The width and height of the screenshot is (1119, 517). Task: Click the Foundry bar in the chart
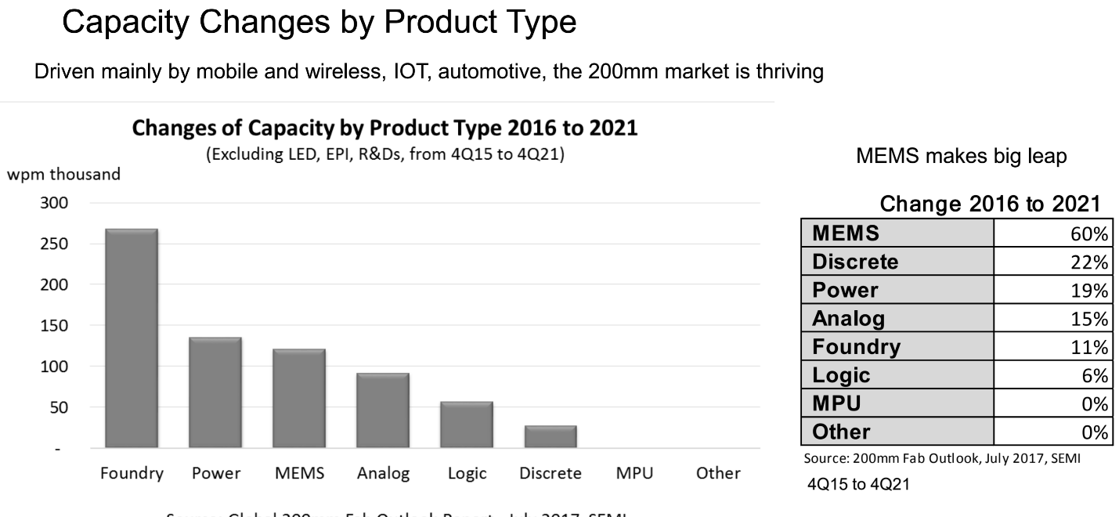coord(132,338)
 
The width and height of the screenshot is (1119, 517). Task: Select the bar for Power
coord(215,392)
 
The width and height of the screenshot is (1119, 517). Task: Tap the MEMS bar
coord(299,398)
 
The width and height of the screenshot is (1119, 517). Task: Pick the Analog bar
coord(383,410)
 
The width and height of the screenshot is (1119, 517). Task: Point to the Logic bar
coord(467,425)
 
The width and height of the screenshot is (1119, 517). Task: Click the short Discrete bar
coord(550,437)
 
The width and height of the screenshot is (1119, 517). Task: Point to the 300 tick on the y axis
coord(59,203)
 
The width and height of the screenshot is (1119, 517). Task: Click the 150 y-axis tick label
coord(59,325)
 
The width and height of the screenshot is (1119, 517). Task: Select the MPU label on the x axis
coord(634,473)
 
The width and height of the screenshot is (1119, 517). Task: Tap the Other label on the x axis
coord(718,473)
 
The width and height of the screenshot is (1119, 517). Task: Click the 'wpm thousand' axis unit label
coord(64,175)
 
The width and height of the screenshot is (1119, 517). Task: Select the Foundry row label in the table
coord(857,346)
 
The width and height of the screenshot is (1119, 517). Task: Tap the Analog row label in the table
coord(849,318)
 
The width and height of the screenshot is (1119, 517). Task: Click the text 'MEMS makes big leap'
coord(962,157)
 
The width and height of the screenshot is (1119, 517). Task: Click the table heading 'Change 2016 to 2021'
coord(991,204)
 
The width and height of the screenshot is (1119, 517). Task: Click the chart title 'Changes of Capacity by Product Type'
coord(384,128)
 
